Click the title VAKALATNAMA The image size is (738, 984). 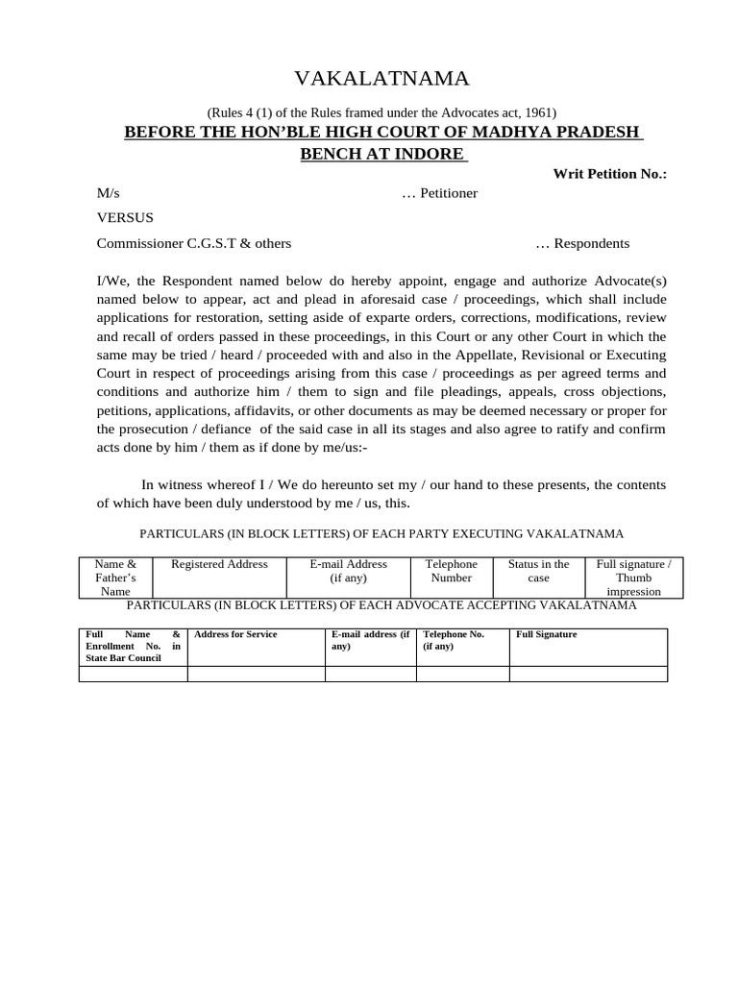pos(381,79)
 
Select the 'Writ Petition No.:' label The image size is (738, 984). pos(609,174)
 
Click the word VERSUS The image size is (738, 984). pos(125,218)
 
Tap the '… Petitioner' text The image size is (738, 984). pos(439,193)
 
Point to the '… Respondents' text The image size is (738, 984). pos(582,243)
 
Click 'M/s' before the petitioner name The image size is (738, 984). pos(109,193)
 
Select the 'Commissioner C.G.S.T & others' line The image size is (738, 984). pos(194,243)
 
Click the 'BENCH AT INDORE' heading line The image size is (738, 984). pos(382,154)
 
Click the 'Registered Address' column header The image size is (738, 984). pos(219,564)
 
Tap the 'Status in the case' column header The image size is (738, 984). pos(538,571)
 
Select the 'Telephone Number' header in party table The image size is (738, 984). pos(451,571)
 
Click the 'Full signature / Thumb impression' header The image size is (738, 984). pos(633,578)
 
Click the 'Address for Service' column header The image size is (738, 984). pos(235,635)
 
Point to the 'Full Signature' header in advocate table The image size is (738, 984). pos(547,635)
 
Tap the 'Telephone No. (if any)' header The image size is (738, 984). pos(454,640)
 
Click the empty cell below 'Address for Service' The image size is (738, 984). pos(256,675)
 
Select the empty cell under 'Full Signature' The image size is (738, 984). pos(587,675)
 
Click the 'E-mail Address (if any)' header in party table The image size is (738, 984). pos(348,571)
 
